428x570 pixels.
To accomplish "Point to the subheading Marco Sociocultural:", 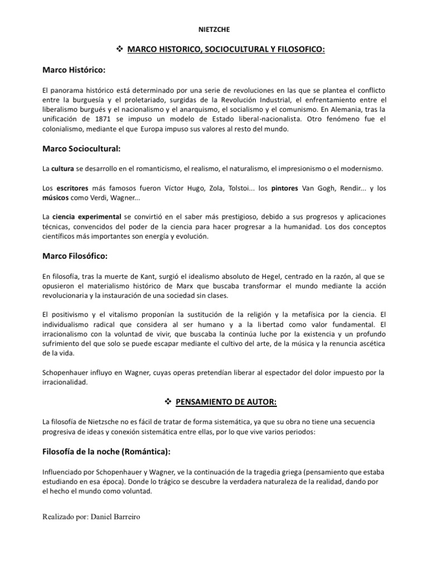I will click(81, 149).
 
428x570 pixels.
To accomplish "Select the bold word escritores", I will click(74, 188).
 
